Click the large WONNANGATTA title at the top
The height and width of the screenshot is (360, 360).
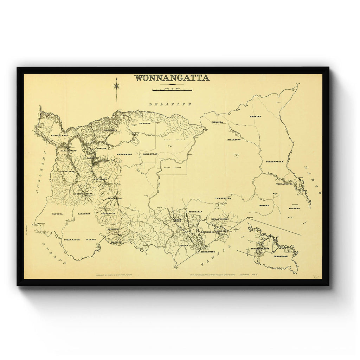pyautogui.click(x=172, y=78)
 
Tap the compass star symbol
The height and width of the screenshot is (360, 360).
pyautogui.click(x=116, y=85)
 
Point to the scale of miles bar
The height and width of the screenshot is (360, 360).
pyautogui.click(x=172, y=90)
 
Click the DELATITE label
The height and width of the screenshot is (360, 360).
pyautogui.click(x=170, y=104)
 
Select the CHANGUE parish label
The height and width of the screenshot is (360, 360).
pyautogui.click(x=144, y=123)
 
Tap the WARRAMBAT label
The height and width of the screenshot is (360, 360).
pyautogui.click(x=125, y=154)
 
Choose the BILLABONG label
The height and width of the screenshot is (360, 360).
pyautogui.click(x=235, y=140)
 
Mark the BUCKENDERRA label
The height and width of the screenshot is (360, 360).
pyautogui.click(x=275, y=162)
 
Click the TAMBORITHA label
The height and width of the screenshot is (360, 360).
pyautogui.click(x=223, y=198)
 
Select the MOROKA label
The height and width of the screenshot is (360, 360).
pyautogui.click(x=264, y=205)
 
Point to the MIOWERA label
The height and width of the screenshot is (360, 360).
pyautogui.click(x=294, y=208)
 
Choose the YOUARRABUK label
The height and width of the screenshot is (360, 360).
pyautogui.click(x=72, y=239)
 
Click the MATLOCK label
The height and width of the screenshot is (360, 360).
pyautogui.click(x=116, y=242)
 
